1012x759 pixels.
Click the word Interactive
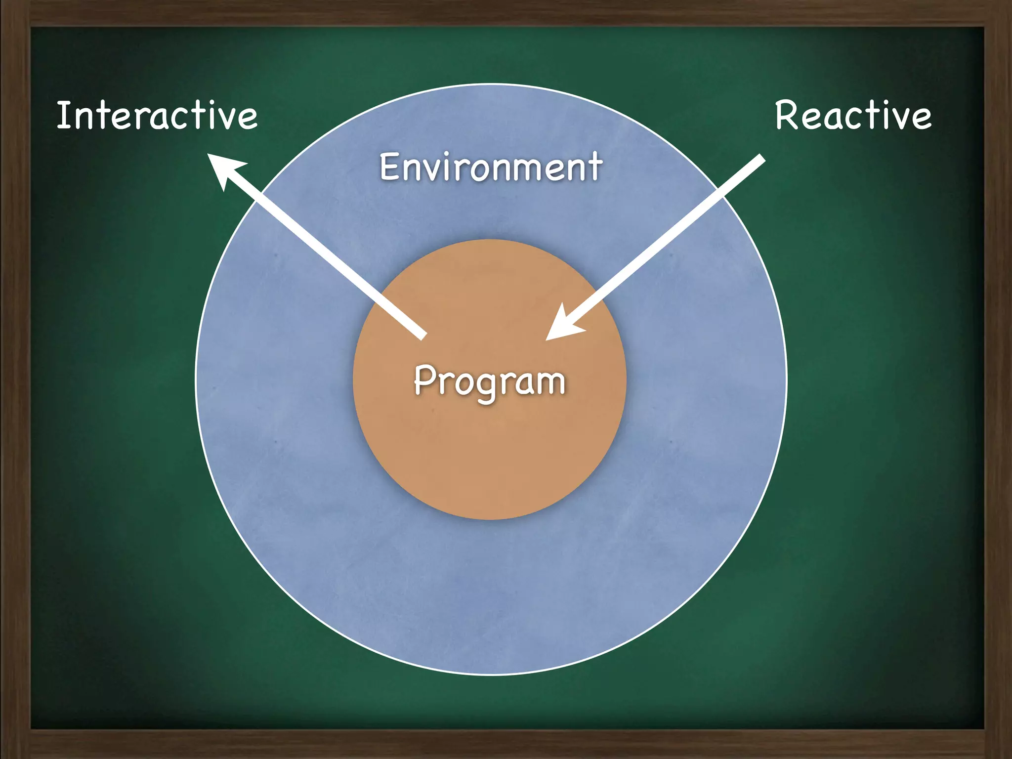157,116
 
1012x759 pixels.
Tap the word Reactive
853,116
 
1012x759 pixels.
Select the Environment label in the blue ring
491,167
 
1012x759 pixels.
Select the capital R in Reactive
787,116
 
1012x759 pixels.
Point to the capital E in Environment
389,167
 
